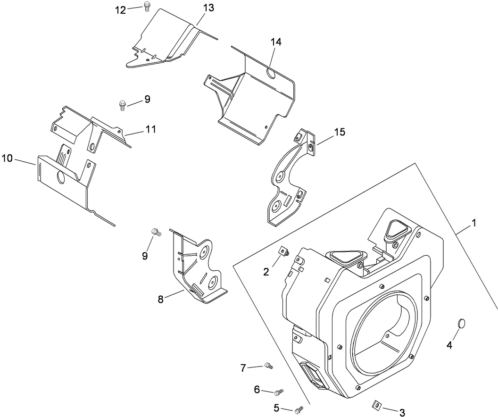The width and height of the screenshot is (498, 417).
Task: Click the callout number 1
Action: [474, 222]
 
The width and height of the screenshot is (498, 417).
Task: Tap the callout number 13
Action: [208, 8]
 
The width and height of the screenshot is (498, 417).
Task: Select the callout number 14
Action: [276, 42]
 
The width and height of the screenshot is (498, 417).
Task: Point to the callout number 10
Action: [7, 158]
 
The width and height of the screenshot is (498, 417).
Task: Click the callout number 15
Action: [340, 132]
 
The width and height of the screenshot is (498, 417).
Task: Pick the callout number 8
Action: [161, 299]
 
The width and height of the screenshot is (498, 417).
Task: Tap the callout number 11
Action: [151, 129]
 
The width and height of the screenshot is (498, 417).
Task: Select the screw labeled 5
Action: [299, 410]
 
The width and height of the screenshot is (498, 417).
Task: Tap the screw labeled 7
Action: [269, 365]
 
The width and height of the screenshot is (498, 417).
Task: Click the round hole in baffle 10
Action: [60, 178]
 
